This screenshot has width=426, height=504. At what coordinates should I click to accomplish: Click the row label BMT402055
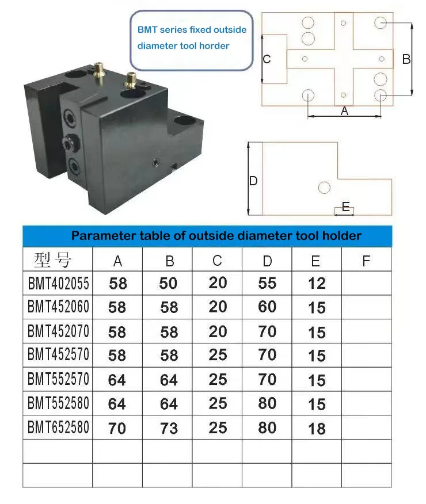click(58, 283)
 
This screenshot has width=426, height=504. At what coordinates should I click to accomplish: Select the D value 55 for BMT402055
click(267, 283)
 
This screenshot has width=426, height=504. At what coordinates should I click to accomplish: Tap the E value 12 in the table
click(317, 283)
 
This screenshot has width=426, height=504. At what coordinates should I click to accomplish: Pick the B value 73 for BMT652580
click(169, 428)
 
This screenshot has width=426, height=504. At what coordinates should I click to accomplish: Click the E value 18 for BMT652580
click(317, 428)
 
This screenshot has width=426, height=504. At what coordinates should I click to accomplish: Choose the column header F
click(366, 261)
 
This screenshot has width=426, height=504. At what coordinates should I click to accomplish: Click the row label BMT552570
click(58, 380)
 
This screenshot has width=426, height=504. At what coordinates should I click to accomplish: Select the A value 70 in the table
click(117, 428)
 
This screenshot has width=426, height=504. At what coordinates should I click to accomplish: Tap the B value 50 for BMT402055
click(169, 283)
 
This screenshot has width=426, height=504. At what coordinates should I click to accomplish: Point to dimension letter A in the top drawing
click(344, 111)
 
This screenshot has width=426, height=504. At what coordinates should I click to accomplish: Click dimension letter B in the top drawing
click(406, 59)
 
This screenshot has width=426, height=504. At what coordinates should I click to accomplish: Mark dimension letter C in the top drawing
click(267, 59)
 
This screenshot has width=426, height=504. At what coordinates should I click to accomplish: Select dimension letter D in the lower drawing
click(253, 181)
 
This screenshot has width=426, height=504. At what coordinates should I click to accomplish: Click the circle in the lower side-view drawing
click(324, 188)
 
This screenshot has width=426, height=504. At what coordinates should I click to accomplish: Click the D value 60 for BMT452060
click(267, 307)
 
